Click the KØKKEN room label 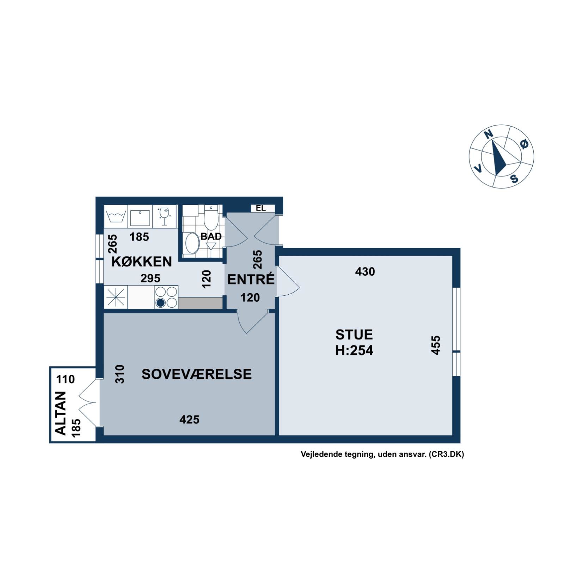142,262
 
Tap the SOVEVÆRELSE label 197,374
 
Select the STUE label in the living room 354,335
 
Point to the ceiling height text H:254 354,350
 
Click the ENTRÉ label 251,279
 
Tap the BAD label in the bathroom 211,236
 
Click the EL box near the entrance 261,208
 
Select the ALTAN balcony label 61,413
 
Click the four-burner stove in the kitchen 166,297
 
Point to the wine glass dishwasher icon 164,216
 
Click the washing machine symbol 116,216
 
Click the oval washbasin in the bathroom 192,243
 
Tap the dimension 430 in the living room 365,272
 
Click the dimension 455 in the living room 436,345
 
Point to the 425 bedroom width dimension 189,419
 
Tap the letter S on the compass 515,179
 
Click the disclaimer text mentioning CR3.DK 382,454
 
